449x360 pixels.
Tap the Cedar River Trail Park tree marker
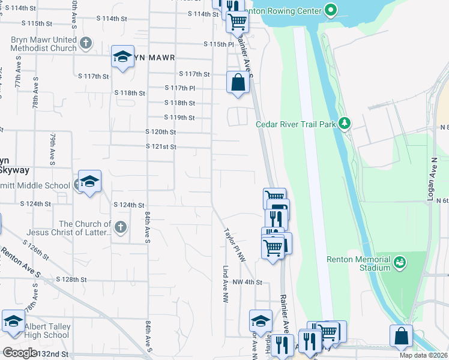tap(344, 124)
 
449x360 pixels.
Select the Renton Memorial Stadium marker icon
tap(400, 262)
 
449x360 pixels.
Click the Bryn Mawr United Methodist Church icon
tap(86, 43)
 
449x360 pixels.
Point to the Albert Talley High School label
tap(47, 331)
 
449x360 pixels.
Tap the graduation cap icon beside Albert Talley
tap(13, 322)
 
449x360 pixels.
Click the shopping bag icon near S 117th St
tap(238, 82)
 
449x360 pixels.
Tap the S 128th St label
tap(71, 280)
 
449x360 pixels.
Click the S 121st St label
tap(161, 146)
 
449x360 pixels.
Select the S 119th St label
tap(180, 118)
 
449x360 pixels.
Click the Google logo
tap(20, 353)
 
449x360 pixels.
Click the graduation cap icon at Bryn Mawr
tap(122, 57)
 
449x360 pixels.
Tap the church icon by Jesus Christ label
tap(121, 227)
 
